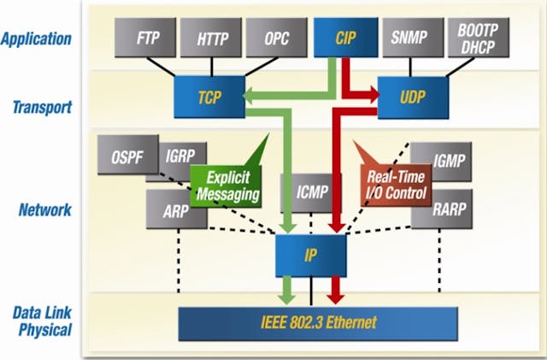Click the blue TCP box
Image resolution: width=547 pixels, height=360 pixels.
click(209, 97)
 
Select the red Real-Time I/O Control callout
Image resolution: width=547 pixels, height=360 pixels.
click(395, 186)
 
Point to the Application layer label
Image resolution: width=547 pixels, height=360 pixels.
click(36, 38)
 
